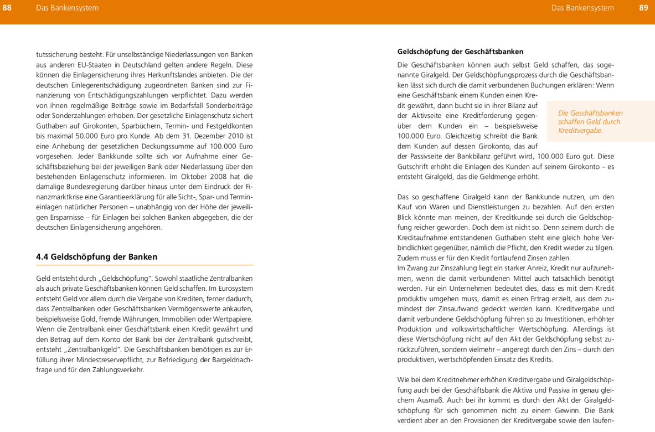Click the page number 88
tap(7, 8)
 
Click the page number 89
tap(643, 8)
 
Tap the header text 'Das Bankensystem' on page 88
tap(67, 8)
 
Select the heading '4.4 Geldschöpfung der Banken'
tap(96, 256)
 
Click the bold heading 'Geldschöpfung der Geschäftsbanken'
tap(460, 52)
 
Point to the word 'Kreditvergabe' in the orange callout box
tap(580, 131)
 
